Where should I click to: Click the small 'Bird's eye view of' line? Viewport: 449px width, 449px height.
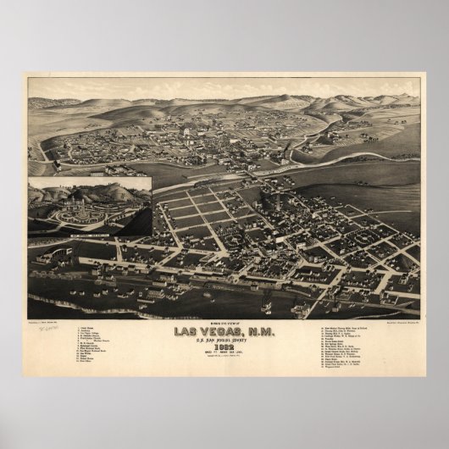(x=224, y=322)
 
